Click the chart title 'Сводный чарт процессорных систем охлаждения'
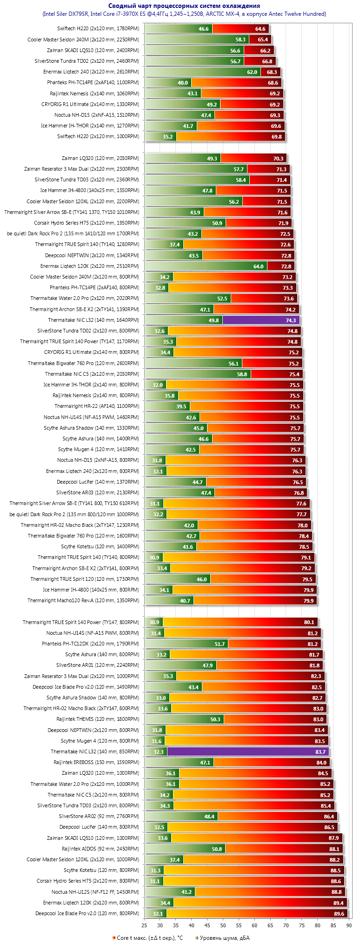184,6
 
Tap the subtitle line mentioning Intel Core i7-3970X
184,14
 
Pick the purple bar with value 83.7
247,751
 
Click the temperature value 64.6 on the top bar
260,29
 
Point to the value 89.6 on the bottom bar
339,913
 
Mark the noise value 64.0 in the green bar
259,266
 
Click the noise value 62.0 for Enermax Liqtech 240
252,72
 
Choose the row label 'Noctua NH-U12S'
95,892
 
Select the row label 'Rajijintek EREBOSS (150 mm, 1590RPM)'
96,762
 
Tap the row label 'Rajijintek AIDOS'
100,849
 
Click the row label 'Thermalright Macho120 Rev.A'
83,600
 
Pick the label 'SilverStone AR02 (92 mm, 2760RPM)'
99,816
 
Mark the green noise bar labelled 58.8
198,374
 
